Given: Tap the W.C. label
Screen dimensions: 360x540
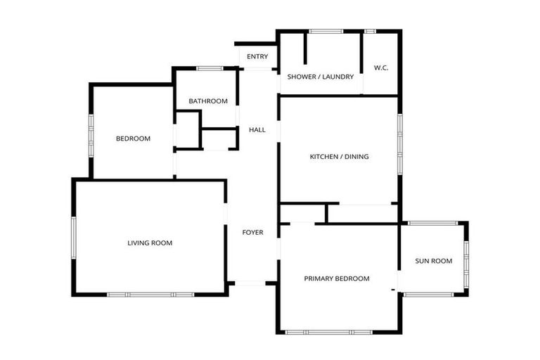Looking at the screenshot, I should (381, 68).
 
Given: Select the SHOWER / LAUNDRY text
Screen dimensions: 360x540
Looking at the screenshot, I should (320, 77).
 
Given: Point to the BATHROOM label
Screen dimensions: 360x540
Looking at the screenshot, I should (207, 101).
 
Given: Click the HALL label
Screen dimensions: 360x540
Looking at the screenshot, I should (257, 130).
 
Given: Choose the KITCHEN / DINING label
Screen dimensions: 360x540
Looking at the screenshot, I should (339, 157).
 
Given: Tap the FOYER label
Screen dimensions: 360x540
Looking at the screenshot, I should (252, 233).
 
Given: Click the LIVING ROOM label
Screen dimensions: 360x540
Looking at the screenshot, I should (150, 243).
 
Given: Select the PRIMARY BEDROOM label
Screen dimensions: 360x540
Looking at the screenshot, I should (336, 278).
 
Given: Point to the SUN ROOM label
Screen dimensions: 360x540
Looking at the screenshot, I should (433, 262).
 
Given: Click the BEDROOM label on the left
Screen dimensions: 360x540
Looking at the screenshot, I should (133, 139).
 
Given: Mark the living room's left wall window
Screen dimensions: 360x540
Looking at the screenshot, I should (73, 238).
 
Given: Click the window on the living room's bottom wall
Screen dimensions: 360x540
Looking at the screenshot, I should (150, 294).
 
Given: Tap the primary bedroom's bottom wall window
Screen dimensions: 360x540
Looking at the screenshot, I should (328, 332).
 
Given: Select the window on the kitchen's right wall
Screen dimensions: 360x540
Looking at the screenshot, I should (399, 143).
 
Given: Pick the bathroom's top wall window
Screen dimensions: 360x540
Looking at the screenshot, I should (210, 68).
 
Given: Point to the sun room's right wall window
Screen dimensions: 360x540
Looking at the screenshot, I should (465, 261).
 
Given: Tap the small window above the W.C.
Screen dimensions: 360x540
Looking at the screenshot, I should (370, 31).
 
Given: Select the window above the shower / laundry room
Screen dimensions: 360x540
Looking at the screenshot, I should (325, 31).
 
